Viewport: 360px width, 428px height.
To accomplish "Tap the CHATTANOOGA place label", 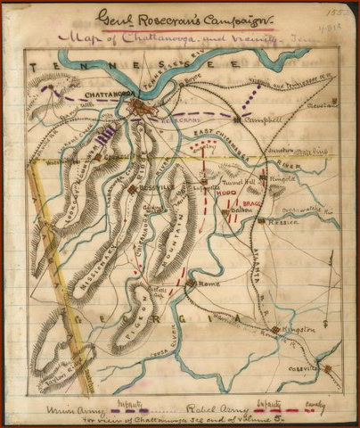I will coord(110,92).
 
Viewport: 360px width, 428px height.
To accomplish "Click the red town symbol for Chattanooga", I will coord(135,108).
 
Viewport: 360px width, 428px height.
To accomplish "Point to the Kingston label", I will coord(300,330).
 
